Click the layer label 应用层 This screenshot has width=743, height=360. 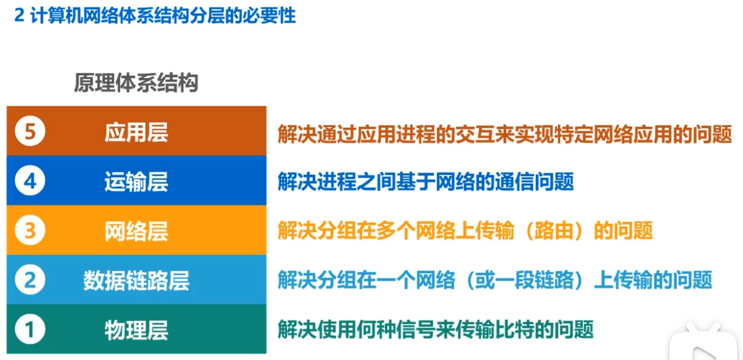click(136, 132)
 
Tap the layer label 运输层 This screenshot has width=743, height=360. click(136, 182)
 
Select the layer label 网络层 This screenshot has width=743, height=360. click(136, 231)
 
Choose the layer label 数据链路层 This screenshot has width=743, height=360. click(136, 280)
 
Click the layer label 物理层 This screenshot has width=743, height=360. click(136, 329)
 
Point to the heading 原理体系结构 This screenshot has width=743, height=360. click(136, 83)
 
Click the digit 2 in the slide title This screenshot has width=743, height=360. click(19, 15)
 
